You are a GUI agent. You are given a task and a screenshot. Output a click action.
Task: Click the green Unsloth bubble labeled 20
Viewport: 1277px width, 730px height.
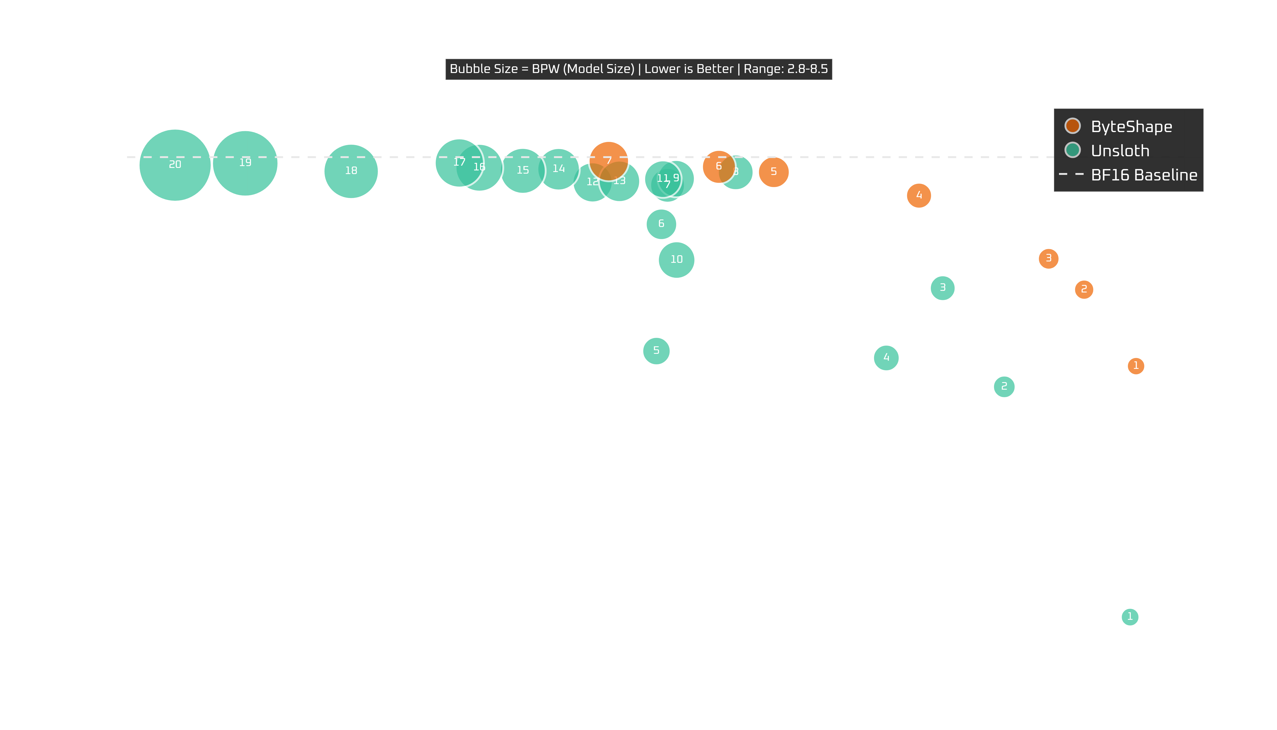(x=175, y=165)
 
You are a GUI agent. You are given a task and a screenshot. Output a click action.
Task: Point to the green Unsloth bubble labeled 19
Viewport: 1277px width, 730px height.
(x=245, y=163)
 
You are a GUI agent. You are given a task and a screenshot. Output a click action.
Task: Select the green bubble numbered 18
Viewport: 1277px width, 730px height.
(x=351, y=171)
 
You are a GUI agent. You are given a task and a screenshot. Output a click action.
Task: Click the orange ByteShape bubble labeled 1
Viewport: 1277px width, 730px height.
(x=1136, y=365)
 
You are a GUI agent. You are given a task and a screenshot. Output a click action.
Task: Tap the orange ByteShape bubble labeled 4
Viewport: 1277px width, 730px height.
(x=919, y=195)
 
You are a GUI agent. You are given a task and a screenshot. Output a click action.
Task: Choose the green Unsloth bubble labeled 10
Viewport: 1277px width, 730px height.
(x=677, y=259)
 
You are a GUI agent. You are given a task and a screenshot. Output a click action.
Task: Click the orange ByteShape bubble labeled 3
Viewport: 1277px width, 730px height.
(x=1048, y=258)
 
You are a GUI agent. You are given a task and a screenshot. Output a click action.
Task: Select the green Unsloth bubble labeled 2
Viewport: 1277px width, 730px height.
(x=1004, y=386)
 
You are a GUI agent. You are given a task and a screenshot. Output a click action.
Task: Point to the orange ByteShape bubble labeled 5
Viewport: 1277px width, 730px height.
(x=773, y=172)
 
